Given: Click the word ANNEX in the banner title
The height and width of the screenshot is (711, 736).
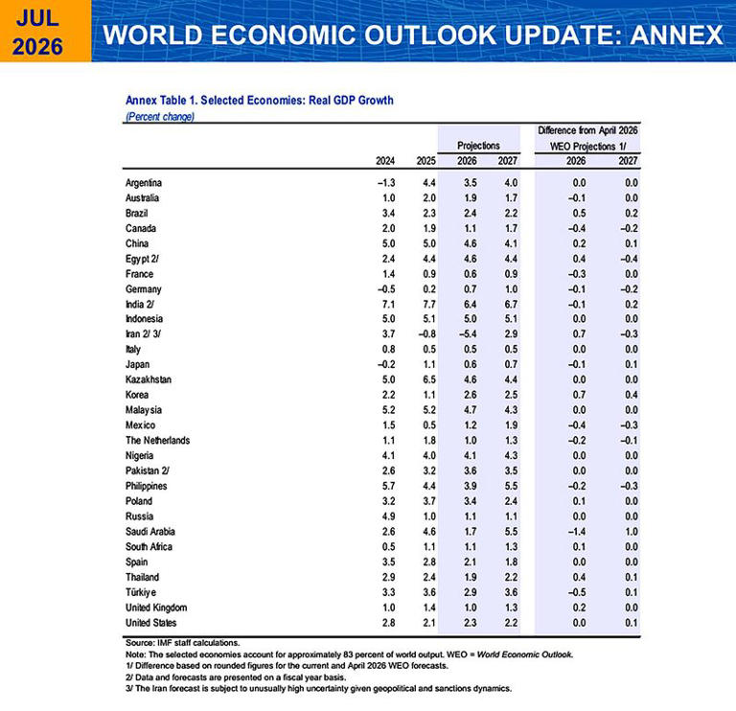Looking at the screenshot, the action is (677, 34).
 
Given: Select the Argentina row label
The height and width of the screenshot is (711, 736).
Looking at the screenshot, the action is (144, 183).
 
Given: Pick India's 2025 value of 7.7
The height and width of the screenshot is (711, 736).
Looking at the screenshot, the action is (429, 304).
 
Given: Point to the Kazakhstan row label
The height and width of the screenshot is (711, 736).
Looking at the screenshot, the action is (149, 379).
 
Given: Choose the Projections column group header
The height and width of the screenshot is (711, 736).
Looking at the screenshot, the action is (478, 146).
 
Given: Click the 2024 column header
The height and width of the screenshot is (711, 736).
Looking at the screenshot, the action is (385, 161).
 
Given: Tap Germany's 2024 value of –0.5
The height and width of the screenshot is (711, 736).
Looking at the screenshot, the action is (385, 289).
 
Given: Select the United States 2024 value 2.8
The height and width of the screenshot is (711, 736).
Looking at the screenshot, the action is (389, 623).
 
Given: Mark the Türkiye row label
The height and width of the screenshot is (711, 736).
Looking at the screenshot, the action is (141, 592).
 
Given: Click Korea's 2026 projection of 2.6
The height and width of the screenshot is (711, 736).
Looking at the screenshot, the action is (471, 395).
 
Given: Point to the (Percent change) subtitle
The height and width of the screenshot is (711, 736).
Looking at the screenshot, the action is (160, 116).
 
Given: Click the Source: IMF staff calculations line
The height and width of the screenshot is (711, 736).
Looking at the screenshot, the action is (183, 643).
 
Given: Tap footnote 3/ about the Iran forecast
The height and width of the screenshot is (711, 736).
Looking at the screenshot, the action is (318, 688).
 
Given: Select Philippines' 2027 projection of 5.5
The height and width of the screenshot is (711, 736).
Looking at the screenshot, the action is (511, 486).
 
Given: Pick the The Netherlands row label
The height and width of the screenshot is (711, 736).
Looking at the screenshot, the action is (158, 440).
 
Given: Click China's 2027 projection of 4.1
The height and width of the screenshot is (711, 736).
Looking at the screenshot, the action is (511, 243).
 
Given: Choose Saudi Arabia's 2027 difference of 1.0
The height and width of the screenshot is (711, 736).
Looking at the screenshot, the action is (632, 532).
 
